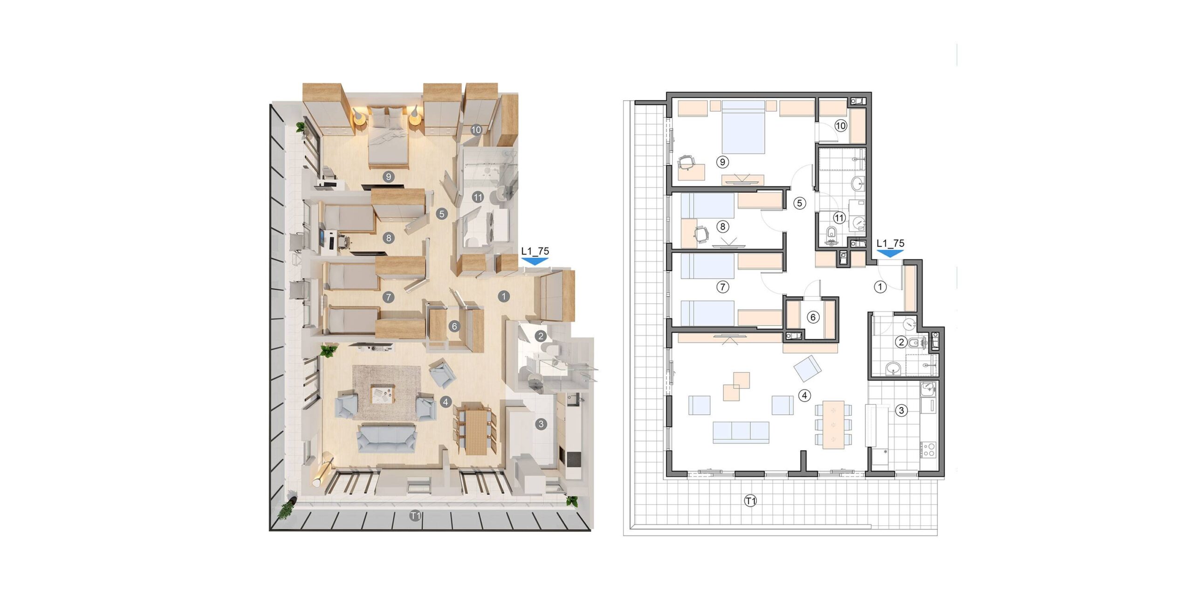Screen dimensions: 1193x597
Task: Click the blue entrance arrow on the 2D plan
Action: tap(890, 253)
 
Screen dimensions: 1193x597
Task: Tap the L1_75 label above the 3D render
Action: tap(535, 251)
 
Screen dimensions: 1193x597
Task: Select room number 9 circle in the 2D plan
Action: tap(722, 162)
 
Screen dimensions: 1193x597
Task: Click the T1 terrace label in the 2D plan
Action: tap(750, 501)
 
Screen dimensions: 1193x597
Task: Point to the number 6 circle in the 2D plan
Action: tap(813, 317)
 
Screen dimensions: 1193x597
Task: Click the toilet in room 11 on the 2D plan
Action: tap(832, 233)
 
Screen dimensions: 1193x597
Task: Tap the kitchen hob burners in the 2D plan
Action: tap(928, 449)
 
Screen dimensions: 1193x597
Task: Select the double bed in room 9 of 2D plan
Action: tap(743, 127)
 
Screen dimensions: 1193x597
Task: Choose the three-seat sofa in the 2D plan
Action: tap(740, 432)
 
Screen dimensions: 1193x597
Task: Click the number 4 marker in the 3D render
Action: tap(446, 402)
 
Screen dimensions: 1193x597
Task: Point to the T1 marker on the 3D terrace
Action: tap(415, 516)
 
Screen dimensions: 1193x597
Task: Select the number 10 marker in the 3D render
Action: tap(476, 130)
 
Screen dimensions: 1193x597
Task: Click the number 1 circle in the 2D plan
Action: tap(880, 287)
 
